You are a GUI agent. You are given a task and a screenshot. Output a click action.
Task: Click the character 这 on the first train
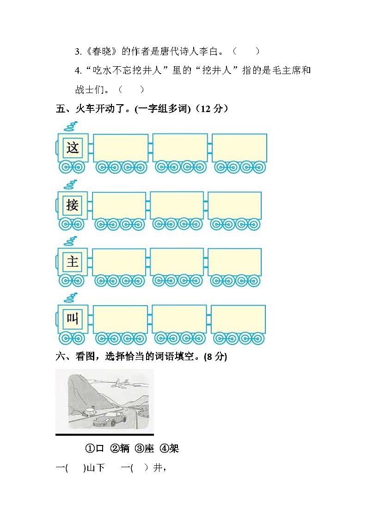[73, 148]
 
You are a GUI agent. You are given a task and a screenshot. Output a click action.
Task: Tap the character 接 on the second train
[73, 205]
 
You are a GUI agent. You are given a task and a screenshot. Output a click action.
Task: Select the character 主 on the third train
[73, 262]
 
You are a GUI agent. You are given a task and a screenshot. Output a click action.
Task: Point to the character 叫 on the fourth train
[73, 319]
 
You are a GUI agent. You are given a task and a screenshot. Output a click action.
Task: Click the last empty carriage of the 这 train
[239, 148]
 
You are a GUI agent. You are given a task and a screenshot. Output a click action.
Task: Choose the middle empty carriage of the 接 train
[177, 205]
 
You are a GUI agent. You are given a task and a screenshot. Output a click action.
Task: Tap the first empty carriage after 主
[119, 262]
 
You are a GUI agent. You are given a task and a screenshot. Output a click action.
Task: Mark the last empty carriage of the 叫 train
[238, 319]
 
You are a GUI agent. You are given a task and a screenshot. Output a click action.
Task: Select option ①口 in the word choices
[95, 448]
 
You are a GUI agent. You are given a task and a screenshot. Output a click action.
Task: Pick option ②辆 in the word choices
[120, 448]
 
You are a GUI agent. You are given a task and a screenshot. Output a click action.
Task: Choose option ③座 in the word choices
[145, 448]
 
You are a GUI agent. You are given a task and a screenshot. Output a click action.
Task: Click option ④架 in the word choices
[169, 448]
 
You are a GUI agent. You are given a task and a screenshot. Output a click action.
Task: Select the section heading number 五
[60, 109]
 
